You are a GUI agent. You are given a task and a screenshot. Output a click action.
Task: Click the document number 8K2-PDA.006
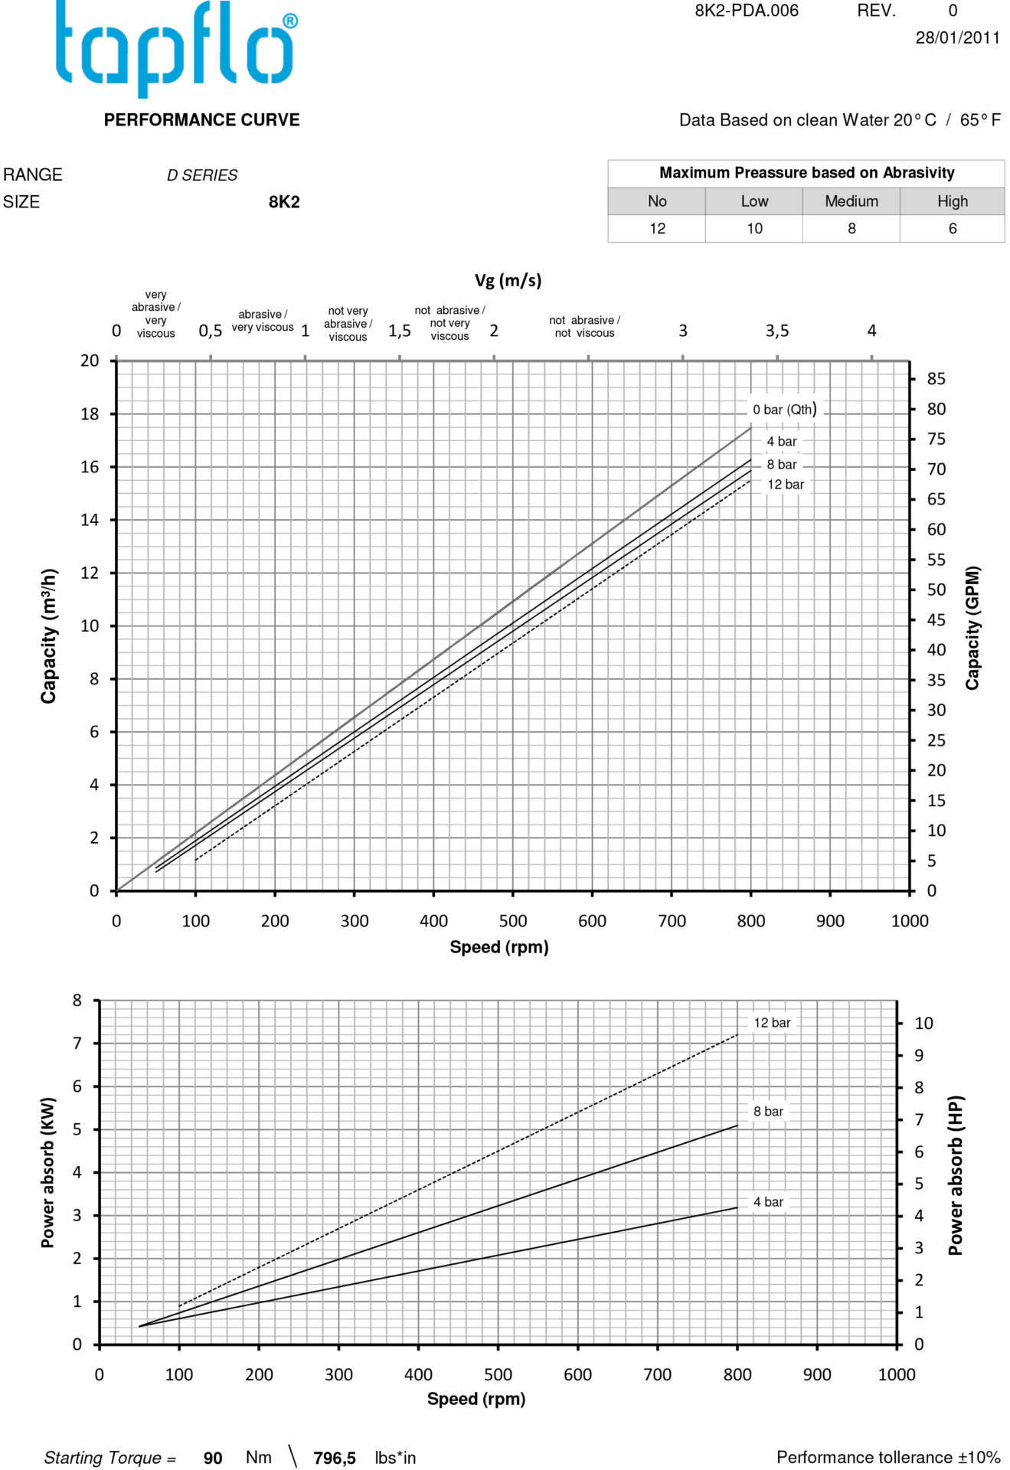(x=746, y=11)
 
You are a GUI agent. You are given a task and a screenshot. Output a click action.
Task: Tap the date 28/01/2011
(x=957, y=38)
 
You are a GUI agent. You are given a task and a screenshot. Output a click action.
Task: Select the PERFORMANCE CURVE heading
(x=201, y=120)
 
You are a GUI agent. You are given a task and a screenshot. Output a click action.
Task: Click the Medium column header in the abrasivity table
(x=851, y=201)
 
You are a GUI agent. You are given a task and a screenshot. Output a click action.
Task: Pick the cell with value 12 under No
(x=657, y=229)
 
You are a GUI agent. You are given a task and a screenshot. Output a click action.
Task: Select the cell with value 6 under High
(x=952, y=229)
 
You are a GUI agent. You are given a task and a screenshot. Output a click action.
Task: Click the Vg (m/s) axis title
(x=508, y=280)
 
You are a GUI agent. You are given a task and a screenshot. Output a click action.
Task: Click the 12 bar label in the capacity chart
(x=786, y=485)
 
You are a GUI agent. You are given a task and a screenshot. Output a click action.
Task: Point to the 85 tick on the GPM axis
(x=936, y=379)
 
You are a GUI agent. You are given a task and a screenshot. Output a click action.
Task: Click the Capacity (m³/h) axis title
(x=49, y=635)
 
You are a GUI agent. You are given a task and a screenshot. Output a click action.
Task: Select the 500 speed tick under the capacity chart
(x=512, y=921)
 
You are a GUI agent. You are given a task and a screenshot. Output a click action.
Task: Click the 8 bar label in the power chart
(x=768, y=1112)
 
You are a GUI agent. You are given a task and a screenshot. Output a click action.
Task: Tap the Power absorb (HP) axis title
(x=956, y=1175)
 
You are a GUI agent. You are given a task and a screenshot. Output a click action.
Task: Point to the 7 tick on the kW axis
(x=77, y=1044)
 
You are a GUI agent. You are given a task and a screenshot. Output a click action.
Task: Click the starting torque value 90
(x=213, y=1458)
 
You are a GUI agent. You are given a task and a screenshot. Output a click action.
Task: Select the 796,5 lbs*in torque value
(x=335, y=1458)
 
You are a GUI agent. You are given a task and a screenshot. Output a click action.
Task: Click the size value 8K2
(x=283, y=202)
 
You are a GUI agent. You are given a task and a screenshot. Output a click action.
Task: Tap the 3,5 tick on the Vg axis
(x=776, y=331)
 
